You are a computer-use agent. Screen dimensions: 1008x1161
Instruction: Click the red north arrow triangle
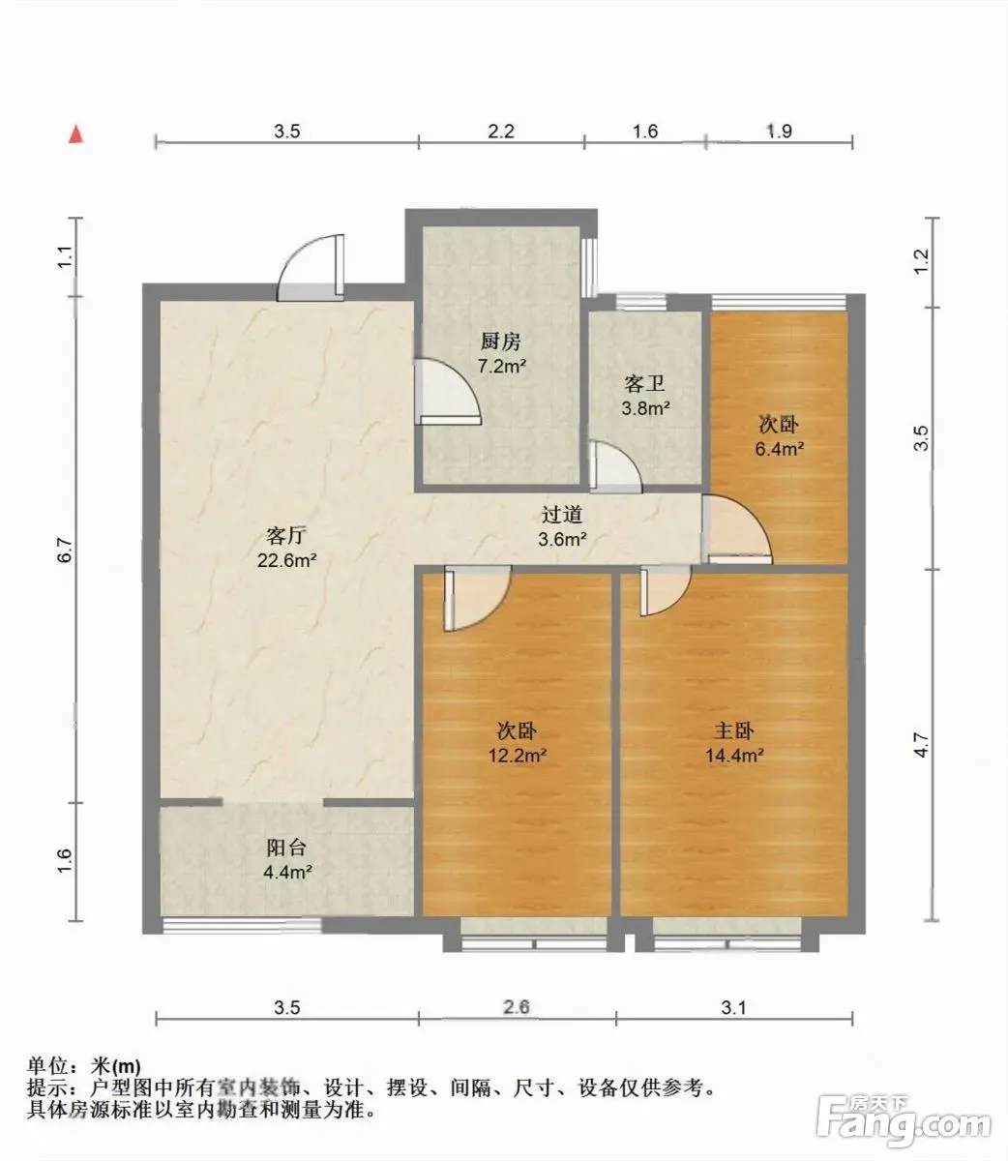click(76, 135)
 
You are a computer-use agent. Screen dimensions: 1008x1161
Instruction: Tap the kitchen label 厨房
click(500, 342)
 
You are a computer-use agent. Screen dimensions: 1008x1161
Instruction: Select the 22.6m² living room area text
click(287, 560)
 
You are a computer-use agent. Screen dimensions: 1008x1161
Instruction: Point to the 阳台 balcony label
click(286, 848)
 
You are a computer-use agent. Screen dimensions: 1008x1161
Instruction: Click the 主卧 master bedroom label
click(734, 730)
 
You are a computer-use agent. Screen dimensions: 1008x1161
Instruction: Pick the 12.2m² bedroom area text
click(518, 756)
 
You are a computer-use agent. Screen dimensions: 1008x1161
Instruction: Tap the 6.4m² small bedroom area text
click(780, 449)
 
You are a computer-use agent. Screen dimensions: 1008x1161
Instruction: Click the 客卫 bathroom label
click(644, 383)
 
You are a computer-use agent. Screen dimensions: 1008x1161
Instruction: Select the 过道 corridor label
click(562, 514)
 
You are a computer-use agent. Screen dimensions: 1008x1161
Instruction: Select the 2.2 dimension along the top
click(501, 132)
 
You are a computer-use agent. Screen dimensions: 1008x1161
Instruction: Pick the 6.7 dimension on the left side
click(66, 550)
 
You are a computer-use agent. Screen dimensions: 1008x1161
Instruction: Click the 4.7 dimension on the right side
click(921, 745)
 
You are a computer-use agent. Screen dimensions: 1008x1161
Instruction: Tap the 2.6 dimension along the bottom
click(517, 1023)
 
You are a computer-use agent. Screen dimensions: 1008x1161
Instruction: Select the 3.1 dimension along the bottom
click(733, 1024)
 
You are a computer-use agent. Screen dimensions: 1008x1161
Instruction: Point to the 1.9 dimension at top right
click(780, 132)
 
